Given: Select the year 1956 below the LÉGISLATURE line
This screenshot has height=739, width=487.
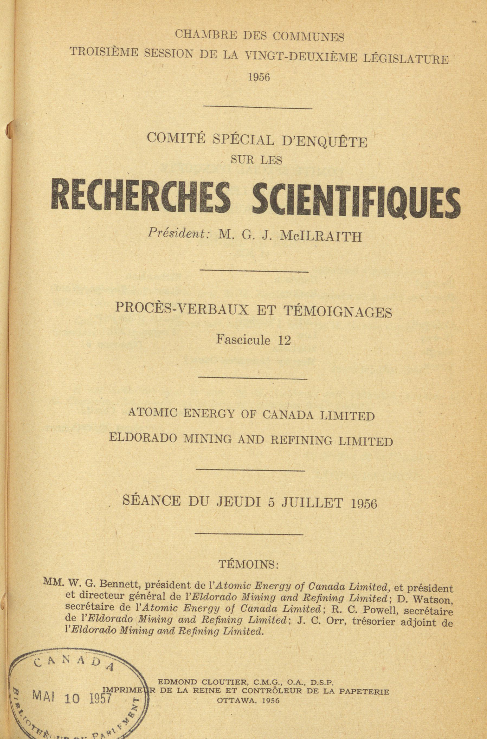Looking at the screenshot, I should point(259,77).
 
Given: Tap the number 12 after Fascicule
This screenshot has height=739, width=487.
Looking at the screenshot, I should point(285,341).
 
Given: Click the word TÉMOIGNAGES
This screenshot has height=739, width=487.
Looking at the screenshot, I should point(338,312).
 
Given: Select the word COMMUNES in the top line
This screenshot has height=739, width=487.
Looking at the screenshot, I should point(308,37).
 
